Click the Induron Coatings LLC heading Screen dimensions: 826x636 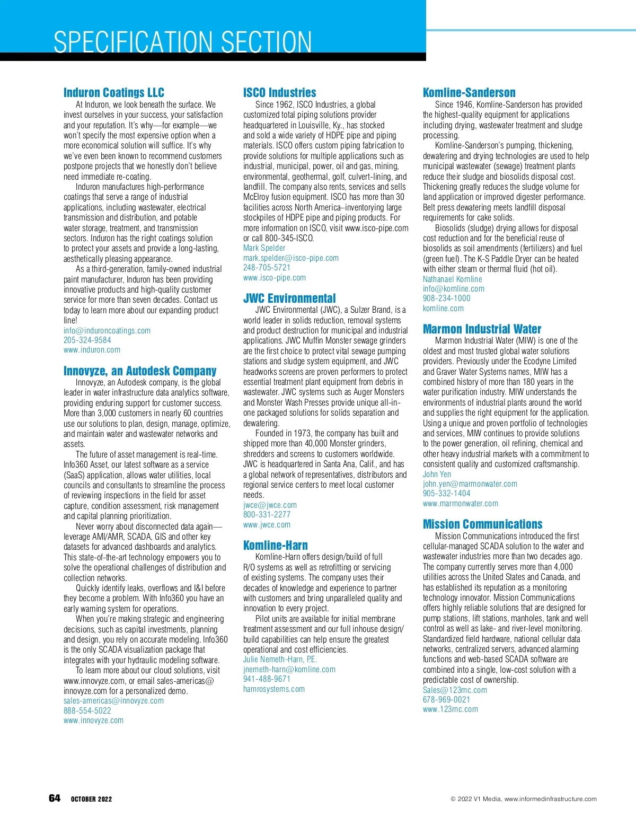click(x=114, y=92)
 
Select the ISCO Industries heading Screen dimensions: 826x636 click(x=279, y=92)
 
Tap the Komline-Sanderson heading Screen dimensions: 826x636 click(x=469, y=92)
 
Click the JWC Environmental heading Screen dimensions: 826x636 click(x=289, y=298)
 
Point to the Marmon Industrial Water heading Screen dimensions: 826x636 click(x=482, y=329)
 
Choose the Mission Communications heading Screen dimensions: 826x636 click(x=482, y=524)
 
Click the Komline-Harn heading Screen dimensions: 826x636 click(x=275, y=545)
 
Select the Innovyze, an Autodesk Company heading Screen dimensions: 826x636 click(x=140, y=371)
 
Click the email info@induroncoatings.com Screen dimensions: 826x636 click(x=107, y=330)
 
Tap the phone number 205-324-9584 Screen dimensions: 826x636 click(x=87, y=340)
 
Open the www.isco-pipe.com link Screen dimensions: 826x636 click(x=275, y=277)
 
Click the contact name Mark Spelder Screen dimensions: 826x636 click(x=264, y=248)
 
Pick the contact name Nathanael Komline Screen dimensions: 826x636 click(x=452, y=279)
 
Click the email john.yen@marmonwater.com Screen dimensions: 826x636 click(x=470, y=484)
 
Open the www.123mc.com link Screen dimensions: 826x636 click(x=450, y=709)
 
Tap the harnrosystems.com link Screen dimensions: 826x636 click(x=274, y=689)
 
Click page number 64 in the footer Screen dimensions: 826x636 click(x=55, y=798)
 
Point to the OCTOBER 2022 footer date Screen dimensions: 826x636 click(x=91, y=799)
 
